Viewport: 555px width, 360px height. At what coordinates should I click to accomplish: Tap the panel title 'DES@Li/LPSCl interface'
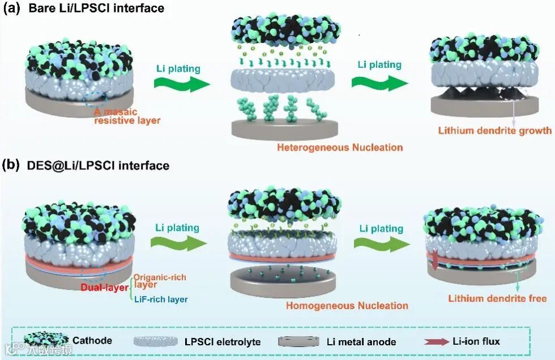pyautogui.click(x=98, y=165)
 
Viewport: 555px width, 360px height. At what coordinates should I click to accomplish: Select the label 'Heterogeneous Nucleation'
pyautogui.click(x=340, y=148)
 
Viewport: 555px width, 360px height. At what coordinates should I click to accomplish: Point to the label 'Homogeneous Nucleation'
pyautogui.click(x=347, y=306)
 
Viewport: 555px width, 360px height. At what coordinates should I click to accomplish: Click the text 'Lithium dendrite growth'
pyautogui.click(x=494, y=131)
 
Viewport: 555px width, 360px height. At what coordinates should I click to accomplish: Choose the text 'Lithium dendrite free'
pyautogui.click(x=497, y=298)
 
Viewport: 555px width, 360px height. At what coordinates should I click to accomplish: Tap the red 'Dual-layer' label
pyautogui.click(x=104, y=288)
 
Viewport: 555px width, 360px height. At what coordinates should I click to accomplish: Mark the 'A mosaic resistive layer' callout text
pyautogui.click(x=127, y=116)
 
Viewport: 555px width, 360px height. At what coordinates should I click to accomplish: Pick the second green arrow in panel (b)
pyautogui.click(x=381, y=243)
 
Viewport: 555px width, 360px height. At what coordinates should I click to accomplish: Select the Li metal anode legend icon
pyautogui.click(x=300, y=341)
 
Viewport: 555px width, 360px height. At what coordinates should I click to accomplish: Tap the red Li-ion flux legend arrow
pyautogui.click(x=436, y=341)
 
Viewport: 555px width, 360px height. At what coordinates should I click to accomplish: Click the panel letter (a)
pyautogui.click(x=12, y=8)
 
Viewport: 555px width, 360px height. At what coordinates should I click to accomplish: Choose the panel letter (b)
pyautogui.click(x=12, y=165)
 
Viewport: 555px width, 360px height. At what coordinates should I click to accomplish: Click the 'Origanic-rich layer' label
pyautogui.click(x=160, y=281)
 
